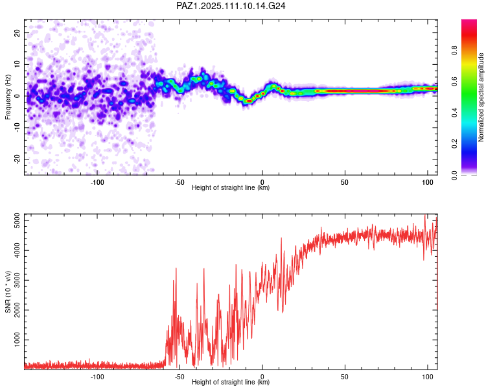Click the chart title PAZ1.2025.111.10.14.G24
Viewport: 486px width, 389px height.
pos(231,6)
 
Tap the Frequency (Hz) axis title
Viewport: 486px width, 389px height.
pos(8,97)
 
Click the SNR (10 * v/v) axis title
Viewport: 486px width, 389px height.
pos(8,292)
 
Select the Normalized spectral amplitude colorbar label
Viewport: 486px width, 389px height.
pos(481,97)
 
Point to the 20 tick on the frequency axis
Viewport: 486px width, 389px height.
pos(17,32)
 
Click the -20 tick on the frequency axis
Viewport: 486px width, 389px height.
pos(17,159)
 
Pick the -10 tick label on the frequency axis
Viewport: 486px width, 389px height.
pos(17,128)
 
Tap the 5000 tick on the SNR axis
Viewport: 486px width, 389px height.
pos(17,221)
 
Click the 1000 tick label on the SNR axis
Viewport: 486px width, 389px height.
pos(17,340)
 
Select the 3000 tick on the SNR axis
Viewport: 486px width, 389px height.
pos(17,281)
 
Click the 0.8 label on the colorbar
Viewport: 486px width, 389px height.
pos(454,51)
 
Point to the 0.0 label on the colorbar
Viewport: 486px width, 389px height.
pos(454,175)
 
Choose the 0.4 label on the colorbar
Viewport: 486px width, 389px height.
pos(454,113)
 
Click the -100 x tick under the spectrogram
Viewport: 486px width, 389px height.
pos(97,182)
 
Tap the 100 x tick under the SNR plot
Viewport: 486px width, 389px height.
pos(428,377)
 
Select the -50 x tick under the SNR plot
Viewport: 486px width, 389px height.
pos(179,377)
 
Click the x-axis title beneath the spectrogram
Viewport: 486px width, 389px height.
pos(231,187)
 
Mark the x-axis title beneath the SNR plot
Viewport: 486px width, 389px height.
pos(231,382)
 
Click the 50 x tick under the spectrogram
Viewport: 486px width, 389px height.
pos(345,182)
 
